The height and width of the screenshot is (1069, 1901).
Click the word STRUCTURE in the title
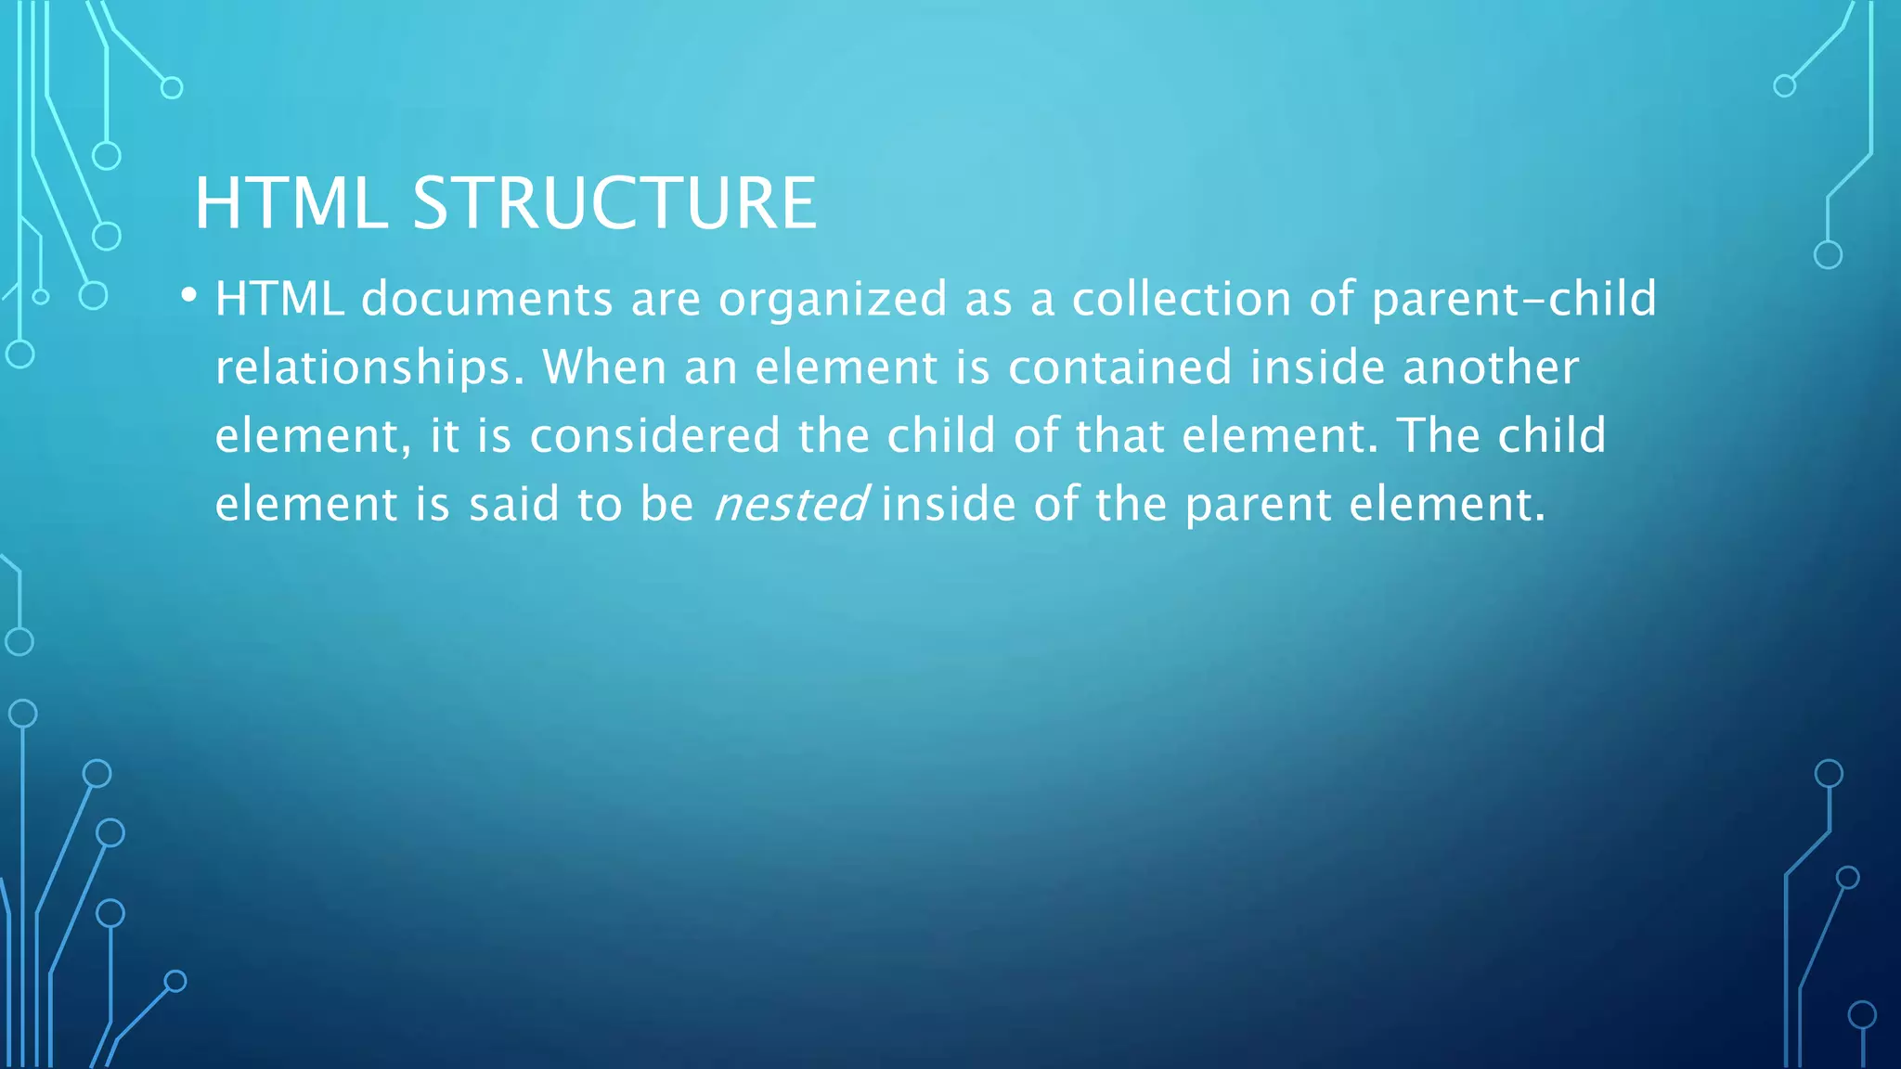pos(614,203)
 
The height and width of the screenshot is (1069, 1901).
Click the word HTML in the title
pos(291,203)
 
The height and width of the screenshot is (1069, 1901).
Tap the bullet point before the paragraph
pos(189,296)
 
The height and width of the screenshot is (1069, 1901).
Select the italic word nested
pos(790,504)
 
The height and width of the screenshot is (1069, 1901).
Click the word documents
pos(487,299)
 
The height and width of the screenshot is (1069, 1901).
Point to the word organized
pos(833,299)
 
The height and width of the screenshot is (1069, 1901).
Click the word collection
pos(1182,299)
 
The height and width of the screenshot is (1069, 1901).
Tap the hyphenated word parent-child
pos(1514,299)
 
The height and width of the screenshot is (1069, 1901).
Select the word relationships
pos(369,367)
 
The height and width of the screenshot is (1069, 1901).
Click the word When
pos(604,367)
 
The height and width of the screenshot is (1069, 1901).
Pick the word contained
pos(1119,367)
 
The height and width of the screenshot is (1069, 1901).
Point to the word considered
pos(654,435)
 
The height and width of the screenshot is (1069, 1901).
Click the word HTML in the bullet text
pos(279,299)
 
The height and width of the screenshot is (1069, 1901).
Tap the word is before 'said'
pos(433,504)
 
